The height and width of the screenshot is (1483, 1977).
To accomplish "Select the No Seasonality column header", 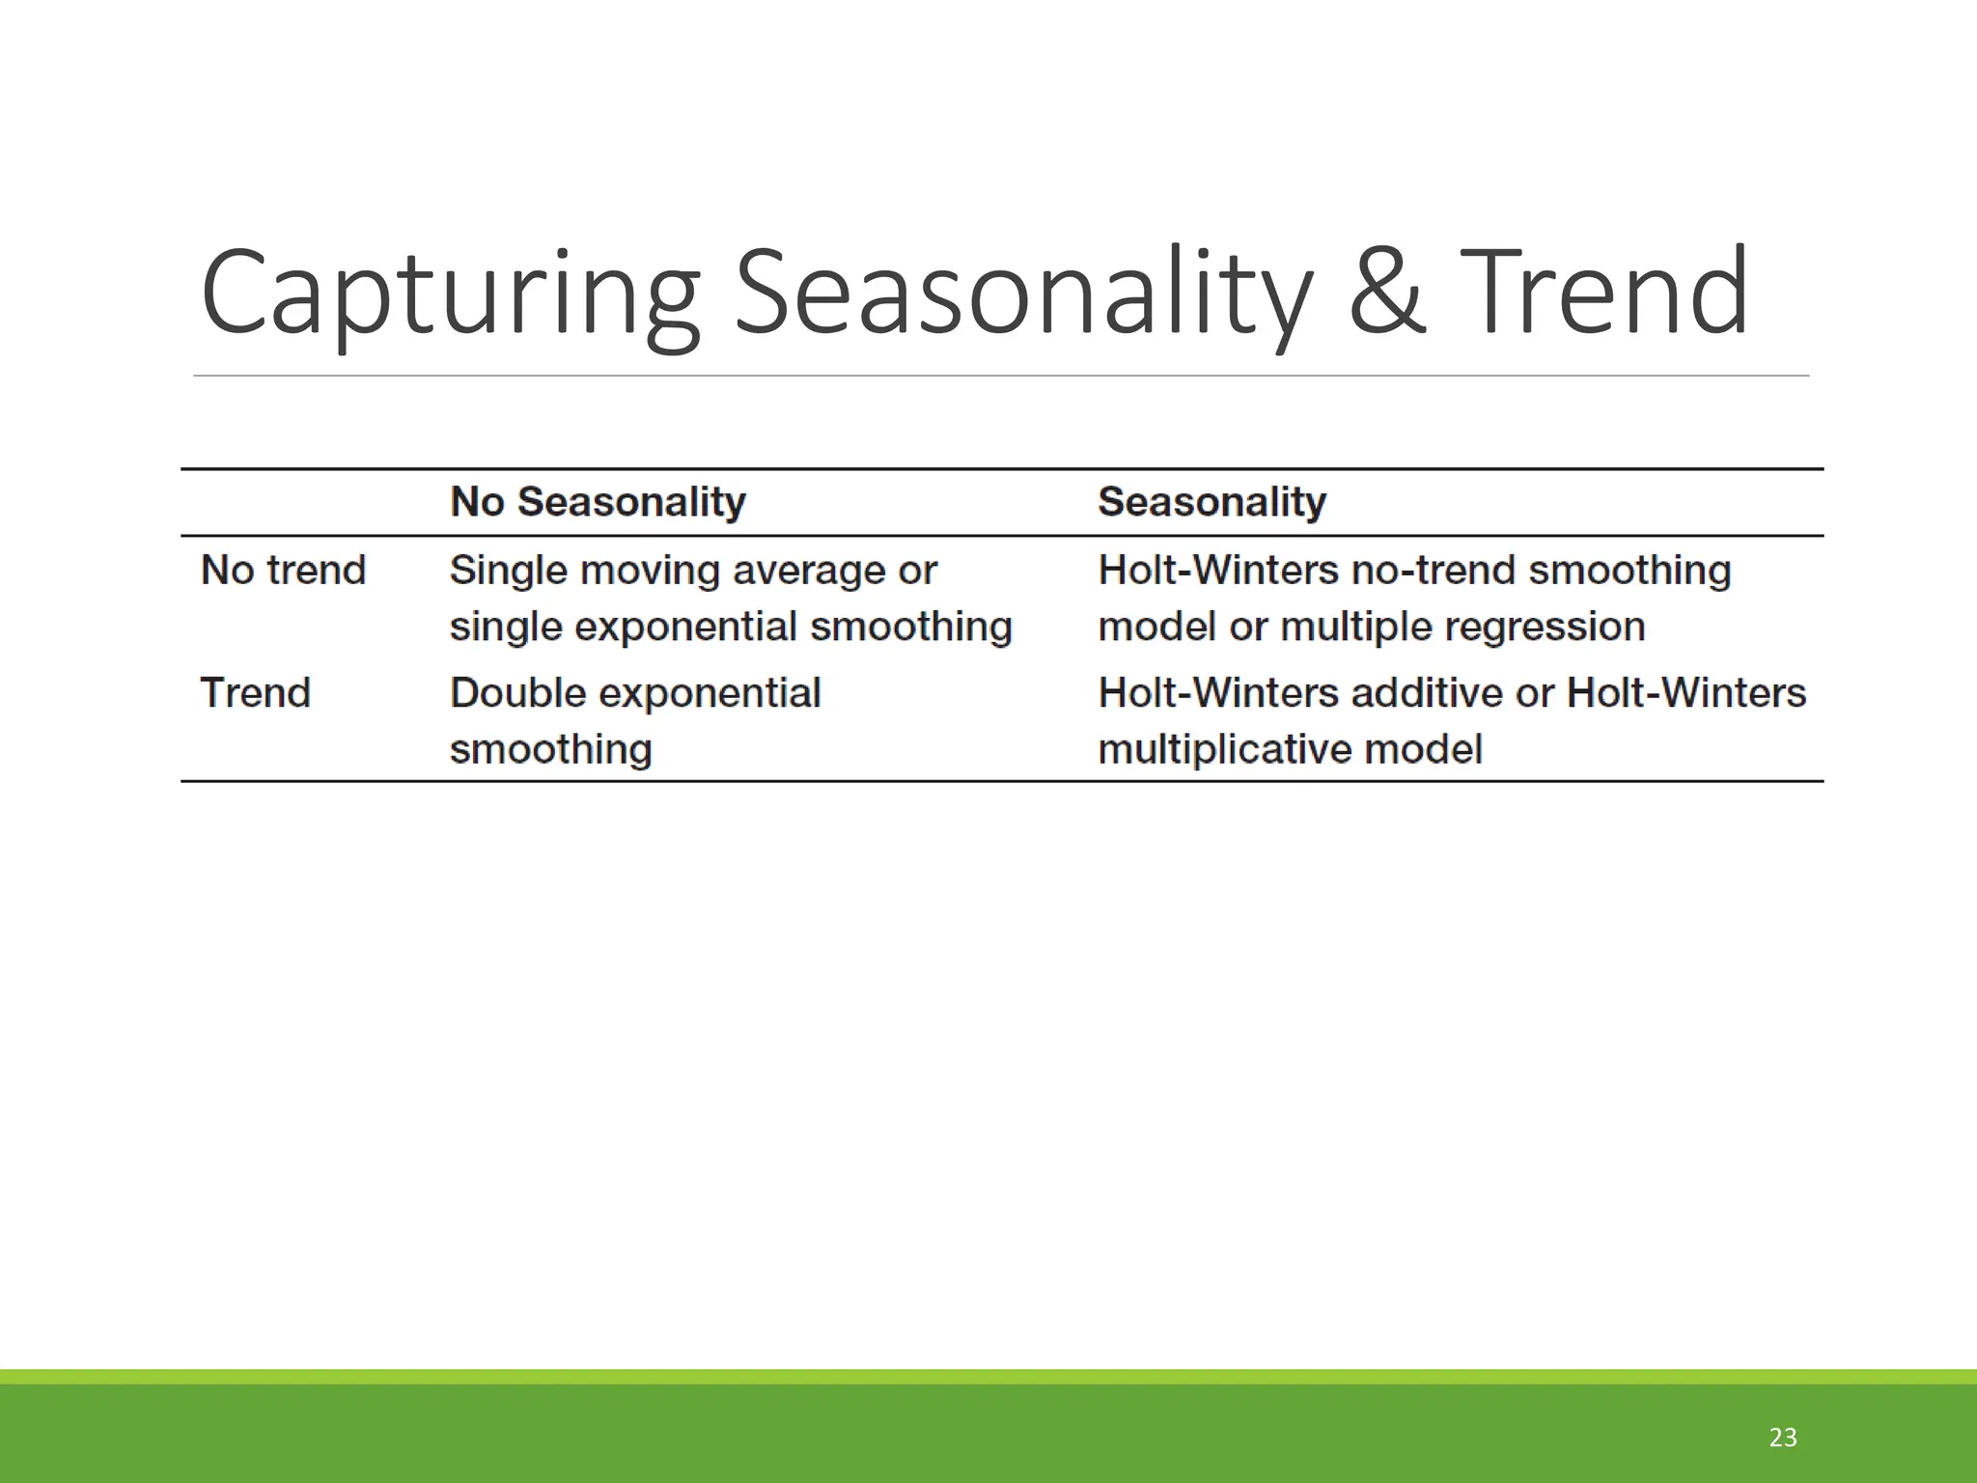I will point(598,502).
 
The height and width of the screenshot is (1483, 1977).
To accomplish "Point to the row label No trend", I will point(283,571).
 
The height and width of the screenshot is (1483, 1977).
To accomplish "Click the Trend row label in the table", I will point(255,693).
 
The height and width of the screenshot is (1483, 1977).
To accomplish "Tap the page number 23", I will point(1782,1438).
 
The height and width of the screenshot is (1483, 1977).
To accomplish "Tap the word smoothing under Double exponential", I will point(551,750).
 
